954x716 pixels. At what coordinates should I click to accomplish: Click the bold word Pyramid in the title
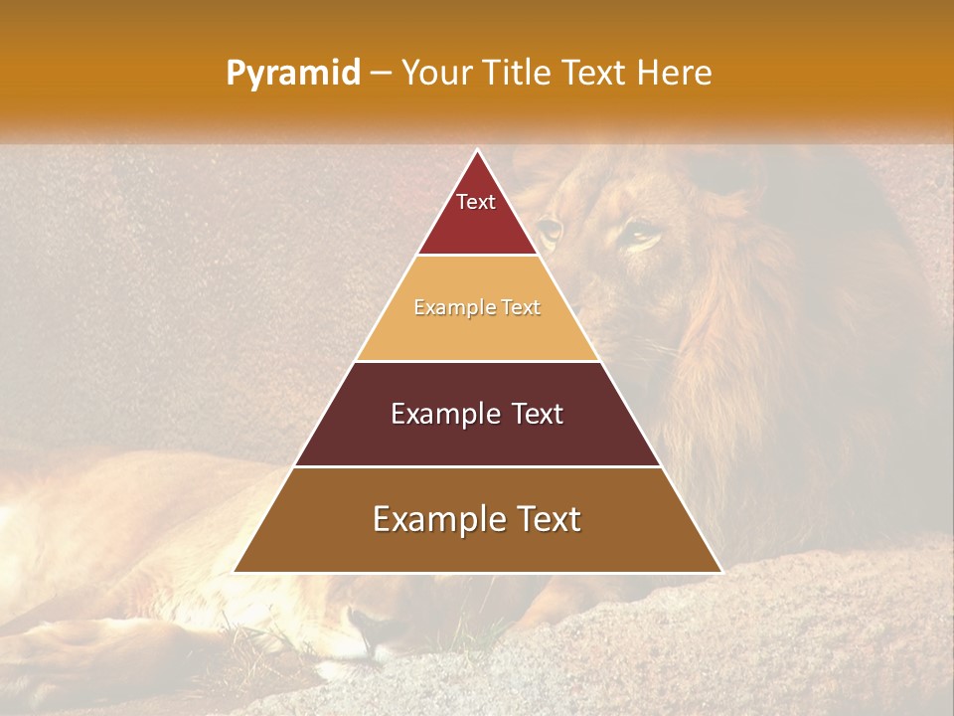point(293,74)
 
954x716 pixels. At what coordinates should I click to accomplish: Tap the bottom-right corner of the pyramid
point(721,572)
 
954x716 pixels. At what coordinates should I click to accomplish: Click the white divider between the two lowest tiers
point(477,466)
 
